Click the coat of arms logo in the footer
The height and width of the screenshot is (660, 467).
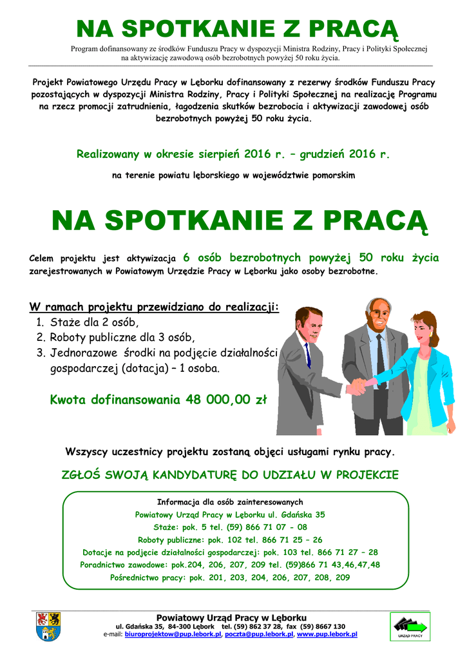pos(46,626)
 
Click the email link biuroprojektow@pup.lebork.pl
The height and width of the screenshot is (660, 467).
pos(173,635)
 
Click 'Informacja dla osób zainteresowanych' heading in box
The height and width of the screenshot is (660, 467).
pos(230,502)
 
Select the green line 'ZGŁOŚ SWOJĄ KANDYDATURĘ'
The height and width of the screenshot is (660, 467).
pos(229,475)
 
